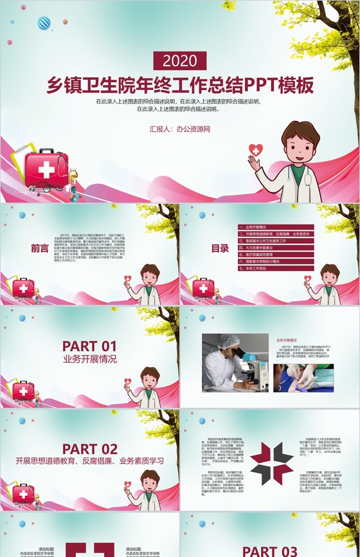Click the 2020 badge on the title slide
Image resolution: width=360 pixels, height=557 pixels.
pos(180,62)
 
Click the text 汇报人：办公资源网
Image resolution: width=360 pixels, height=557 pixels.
pos(180,129)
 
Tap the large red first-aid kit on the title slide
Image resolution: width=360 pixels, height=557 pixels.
pos(46,169)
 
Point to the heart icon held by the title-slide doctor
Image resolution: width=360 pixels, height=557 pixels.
pos(256,151)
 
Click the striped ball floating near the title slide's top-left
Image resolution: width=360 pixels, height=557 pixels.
pos(44,24)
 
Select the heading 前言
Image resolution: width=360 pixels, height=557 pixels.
pos(40,248)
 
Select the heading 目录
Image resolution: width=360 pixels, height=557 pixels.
pos(220,248)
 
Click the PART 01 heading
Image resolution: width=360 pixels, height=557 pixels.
pos(89,346)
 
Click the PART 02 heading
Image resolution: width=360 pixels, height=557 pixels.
pos(89,448)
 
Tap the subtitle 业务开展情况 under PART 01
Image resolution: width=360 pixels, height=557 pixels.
pos(89,360)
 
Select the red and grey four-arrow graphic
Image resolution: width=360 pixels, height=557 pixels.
pos(271,463)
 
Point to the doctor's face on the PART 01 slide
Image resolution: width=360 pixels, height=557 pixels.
pos(150,379)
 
